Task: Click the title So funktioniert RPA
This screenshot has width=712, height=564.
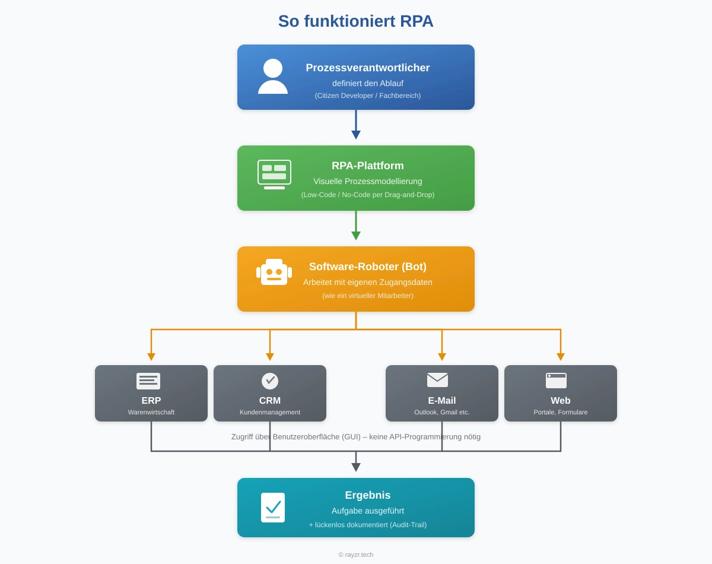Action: tap(356, 21)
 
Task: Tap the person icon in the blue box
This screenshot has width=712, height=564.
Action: tap(273, 77)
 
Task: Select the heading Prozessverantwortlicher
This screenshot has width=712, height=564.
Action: tap(368, 68)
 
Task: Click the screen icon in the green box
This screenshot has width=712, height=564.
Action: tap(274, 174)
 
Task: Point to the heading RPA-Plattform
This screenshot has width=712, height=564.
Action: tap(368, 166)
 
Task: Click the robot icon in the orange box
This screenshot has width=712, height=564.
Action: tap(274, 273)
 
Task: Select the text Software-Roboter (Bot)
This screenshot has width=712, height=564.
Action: tap(368, 267)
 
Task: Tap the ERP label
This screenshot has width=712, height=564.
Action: tap(151, 401)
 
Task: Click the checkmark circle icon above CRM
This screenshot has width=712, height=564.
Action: tap(270, 381)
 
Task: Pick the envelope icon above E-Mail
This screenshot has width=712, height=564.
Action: tap(437, 380)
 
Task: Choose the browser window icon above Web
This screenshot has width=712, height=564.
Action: tap(556, 381)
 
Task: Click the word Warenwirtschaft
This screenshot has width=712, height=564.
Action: tap(151, 412)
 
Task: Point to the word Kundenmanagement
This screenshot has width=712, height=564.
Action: tap(270, 412)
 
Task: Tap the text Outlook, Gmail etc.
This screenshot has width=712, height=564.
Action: tap(442, 412)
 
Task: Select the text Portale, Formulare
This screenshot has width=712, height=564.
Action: tap(561, 412)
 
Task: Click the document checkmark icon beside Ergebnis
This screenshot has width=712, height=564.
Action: tap(273, 508)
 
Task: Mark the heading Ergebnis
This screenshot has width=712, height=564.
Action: tap(368, 495)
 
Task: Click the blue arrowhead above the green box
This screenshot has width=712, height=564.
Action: tap(356, 135)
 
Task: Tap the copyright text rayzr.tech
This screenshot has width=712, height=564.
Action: tap(356, 555)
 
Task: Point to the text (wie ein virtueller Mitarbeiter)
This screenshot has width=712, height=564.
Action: tap(368, 296)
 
